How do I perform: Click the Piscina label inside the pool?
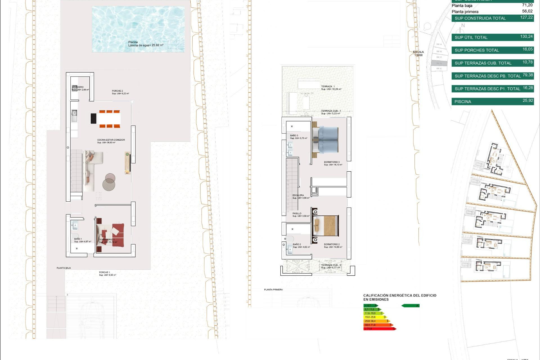(x=133, y=42)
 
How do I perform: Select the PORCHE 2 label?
(x=118, y=91)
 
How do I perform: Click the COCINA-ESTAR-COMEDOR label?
(x=111, y=140)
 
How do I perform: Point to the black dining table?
(x=94, y=118)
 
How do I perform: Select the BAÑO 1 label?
(x=78, y=239)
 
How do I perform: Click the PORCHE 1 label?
(x=104, y=272)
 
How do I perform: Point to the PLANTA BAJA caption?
(x=64, y=268)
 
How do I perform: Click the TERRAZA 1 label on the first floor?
(x=328, y=87)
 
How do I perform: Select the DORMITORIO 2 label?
(x=332, y=244)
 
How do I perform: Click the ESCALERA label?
(x=298, y=195)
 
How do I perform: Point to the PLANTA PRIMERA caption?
(x=273, y=289)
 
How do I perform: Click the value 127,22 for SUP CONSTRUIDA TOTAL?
(x=526, y=17)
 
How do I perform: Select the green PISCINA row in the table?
(x=492, y=102)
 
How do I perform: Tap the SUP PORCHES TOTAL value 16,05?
(x=528, y=49)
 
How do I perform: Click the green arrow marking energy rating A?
(x=411, y=306)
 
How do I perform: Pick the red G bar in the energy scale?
(x=380, y=329)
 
